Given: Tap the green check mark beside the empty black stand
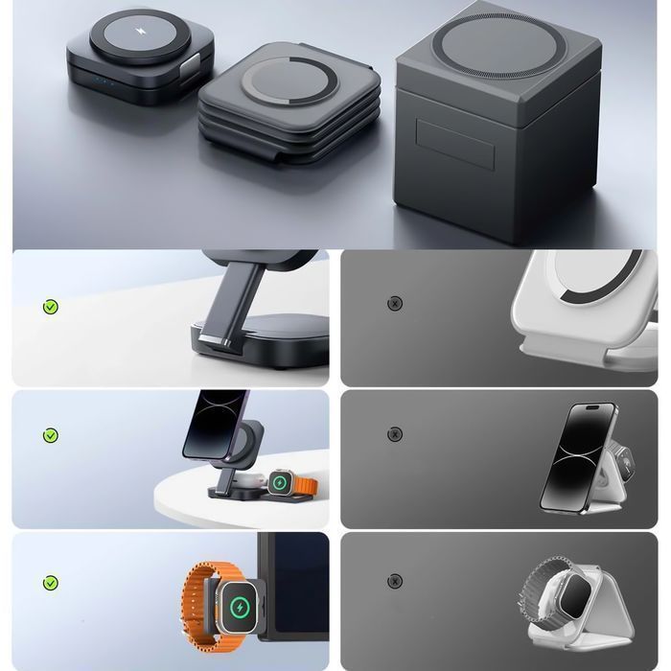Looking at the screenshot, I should [x=51, y=307].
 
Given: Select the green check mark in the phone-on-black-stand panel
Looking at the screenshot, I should [x=51, y=435].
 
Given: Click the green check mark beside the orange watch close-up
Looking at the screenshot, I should [x=51, y=583].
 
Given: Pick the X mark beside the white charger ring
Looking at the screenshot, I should [x=394, y=304].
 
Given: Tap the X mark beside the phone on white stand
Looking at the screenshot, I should [x=394, y=434].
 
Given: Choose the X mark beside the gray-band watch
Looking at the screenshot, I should [x=394, y=581].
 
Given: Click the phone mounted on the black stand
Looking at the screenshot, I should [x=209, y=425].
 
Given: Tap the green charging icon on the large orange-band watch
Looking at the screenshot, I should [x=240, y=608].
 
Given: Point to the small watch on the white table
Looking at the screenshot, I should [x=281, y=482].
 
